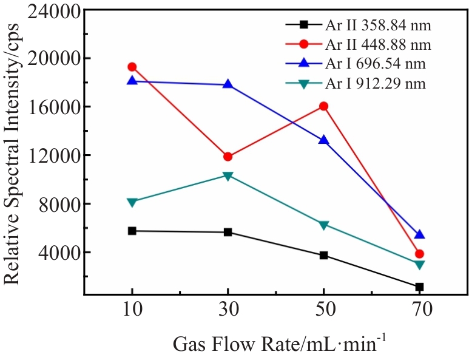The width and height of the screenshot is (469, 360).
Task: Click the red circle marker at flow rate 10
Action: tap(132, 67)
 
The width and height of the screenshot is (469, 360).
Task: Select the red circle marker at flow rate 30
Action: tap(228, 157)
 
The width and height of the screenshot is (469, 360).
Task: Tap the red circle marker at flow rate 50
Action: tap(323, 106)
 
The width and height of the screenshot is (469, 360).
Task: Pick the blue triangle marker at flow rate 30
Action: tap(228, 84)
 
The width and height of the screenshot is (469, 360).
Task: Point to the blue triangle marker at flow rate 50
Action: tap(323, 140)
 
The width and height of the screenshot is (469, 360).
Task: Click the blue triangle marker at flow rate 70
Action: tap(419, 235)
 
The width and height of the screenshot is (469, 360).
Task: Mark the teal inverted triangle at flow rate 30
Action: tap(228, 176)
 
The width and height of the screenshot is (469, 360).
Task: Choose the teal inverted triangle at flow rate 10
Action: tap(132, 202)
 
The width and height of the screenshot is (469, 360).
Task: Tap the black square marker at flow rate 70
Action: tap(419, 287)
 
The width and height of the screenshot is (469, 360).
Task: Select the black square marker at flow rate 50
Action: tap(323, 255)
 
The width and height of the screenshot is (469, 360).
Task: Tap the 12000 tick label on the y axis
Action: tap(45, 155)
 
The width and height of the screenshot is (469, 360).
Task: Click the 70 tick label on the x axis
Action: tap(419, 310)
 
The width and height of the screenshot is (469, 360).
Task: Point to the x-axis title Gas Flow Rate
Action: tap(280, 344)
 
